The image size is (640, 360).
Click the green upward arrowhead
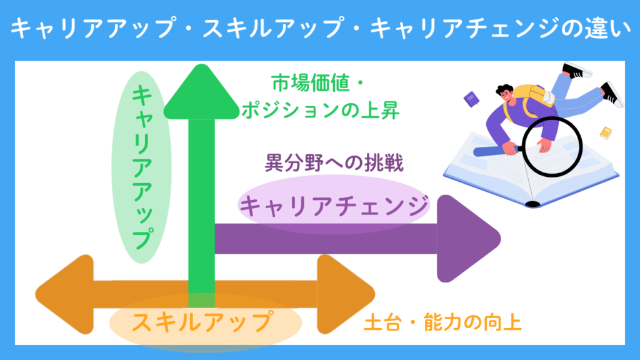pyautogui.click(x=201, y=94)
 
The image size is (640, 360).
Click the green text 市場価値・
pyautogui.click(x=313, y=82)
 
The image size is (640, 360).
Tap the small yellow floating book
pyautogui.click(x=606, y=132)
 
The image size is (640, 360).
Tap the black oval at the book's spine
pyautogui.click(x=532, y=203)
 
